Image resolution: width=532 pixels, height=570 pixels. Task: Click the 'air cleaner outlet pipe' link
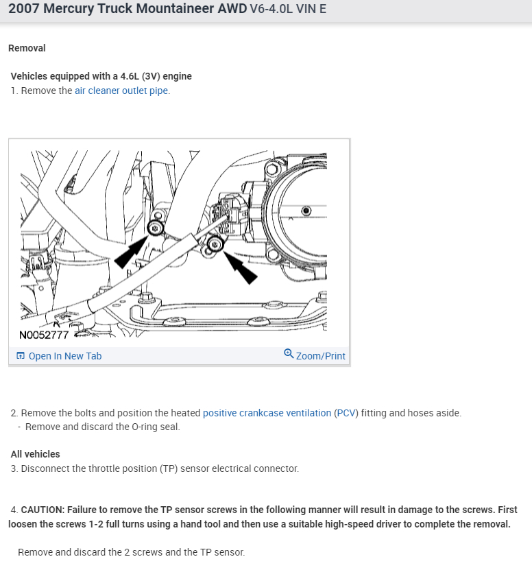click(121, 91)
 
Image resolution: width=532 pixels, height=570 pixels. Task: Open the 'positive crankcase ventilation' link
click(267, 413)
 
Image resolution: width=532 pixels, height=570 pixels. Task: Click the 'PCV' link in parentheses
click(346, 413)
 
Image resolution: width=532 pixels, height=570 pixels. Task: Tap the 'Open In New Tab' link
click(65, 356)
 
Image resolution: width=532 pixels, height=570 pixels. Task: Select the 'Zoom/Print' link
click(321, 356)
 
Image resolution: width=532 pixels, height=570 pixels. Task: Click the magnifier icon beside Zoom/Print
click(289, 353)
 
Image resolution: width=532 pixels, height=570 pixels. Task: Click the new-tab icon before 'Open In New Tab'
click(21, 355)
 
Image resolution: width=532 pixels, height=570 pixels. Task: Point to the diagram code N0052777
click(44, 335)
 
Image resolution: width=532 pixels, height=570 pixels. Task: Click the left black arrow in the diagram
click(130, 252)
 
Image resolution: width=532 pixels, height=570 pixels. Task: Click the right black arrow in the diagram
click(241, 268)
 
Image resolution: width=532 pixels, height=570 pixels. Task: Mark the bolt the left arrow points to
click(156, 228)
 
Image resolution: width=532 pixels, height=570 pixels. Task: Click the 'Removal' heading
click(27, 48)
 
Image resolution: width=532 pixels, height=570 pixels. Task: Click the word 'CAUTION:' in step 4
click(43, 510)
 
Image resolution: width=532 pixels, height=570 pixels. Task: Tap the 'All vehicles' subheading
click(35, 454)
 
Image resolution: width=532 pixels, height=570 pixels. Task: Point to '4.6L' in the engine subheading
click(130, 76)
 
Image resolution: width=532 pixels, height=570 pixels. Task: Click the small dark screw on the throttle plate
click(306, 211)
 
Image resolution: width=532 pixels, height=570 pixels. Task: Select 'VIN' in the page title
click(306, 9)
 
